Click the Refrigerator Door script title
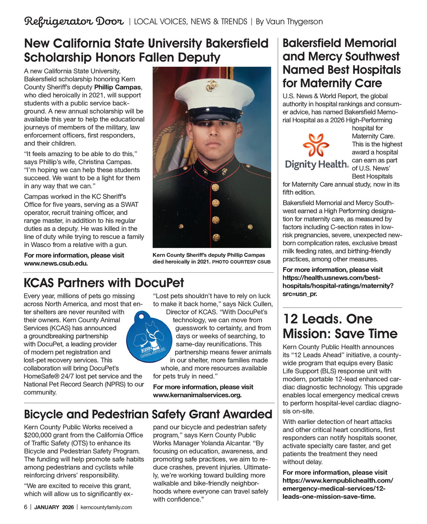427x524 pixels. pos(74,21)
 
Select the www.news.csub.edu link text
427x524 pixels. pos(56,263)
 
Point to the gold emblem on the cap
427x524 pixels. pos(211,85)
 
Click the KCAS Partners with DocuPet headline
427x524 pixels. pos(104,283)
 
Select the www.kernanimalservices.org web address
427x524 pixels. pos(197,395)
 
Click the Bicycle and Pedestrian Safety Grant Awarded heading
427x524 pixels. pos(148,414)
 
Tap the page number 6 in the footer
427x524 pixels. pos(26,507)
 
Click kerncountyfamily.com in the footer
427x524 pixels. pos(106,507)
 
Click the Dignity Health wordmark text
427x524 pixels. pos(316,164)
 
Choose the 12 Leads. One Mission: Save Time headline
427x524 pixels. pos(340,327)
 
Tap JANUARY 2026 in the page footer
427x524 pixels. pos(54,507)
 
